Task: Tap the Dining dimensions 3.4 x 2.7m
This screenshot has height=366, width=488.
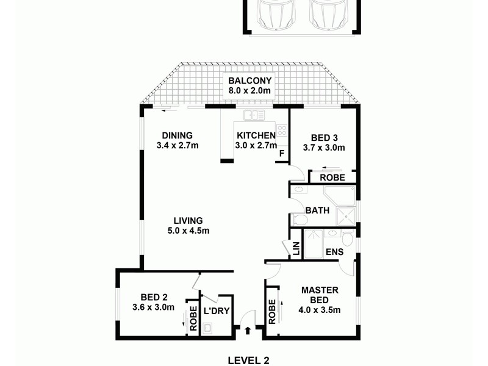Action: point(178,146)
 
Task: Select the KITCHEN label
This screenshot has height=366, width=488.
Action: point(256,135)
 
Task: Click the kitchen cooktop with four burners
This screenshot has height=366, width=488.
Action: point(281,130)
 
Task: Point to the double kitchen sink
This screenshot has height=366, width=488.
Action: point(254,114)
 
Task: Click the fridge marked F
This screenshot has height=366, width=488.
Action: point(281,153)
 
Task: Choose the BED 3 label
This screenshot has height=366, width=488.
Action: point(324,137)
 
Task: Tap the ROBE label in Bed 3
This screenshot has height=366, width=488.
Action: point(332,178)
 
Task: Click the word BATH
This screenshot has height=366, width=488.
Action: point(317,210)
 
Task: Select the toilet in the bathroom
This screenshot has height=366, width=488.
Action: point(300,219)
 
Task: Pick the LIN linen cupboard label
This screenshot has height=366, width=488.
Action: point(296,249)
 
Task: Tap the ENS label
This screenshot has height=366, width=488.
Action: point(334,251)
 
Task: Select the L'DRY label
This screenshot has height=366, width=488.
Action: point(216,311)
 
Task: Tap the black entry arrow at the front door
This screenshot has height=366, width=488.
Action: point(248,331)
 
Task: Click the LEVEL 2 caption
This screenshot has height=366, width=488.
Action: point(248,360)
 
